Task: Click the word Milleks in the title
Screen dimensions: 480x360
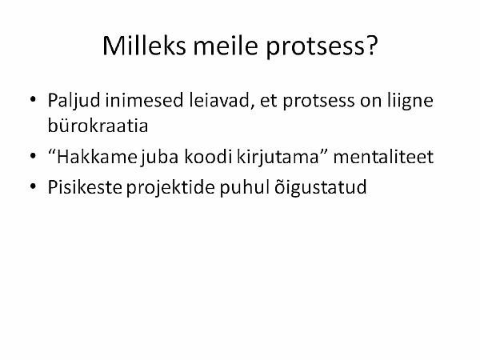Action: (144, 46)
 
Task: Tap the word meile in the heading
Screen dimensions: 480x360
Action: (226, 46)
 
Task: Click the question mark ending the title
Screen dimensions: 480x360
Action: (370, 46)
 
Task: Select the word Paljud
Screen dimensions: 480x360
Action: (74, 102)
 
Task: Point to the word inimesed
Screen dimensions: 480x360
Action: (144, 100)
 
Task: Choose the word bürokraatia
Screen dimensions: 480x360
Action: (98, 126)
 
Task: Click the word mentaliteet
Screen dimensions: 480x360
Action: (383, 157)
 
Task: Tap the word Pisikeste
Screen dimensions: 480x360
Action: (85, 186)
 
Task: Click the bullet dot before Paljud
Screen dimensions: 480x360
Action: (33, 99)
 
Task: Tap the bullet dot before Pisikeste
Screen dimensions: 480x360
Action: (33, 186)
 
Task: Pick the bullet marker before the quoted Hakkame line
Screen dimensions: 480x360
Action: (33, 156)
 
